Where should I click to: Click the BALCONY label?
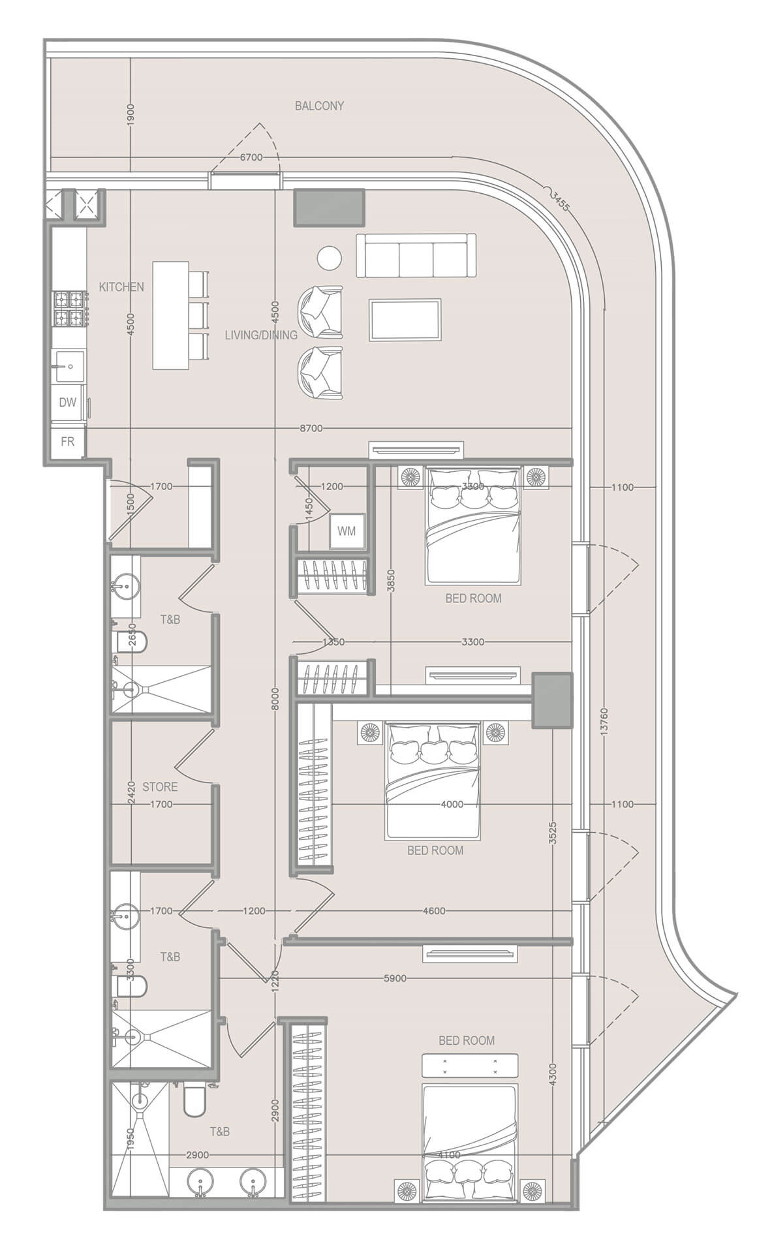pyautogui.click(x=319, y=106)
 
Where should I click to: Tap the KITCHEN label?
pyautogui.click(x=121, y=286)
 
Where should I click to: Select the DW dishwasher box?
pyautogui.click(x=68, y=403)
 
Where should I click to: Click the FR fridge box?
pyautogui.click(x=68, y=442)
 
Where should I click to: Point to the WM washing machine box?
pyautogui.click(x=347, y=531)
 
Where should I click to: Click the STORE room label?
pyautogui.click(x=160, y=787)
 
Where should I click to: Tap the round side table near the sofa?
pyautogui.click(x=330, y=257)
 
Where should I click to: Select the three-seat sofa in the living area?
pyautogui.click(x=416, y=255)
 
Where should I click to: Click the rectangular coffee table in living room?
pyautogui.click(x=405, y=320)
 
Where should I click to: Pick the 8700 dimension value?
pyautogui.click(x=311, y=428)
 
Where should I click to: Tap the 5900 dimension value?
pyautogui.click(x=395, y=978)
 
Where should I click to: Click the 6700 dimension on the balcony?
pyautogui.click(x=251, y=157)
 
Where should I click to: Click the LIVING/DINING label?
pyautogui.click(x=261, y=335)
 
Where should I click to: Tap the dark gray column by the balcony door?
pyautogui.click(x=329, y=208)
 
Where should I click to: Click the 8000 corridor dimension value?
pyautogui.click(x=275, y=699)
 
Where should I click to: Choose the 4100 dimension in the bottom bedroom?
pyautogui.click(x=449, y=1154)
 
